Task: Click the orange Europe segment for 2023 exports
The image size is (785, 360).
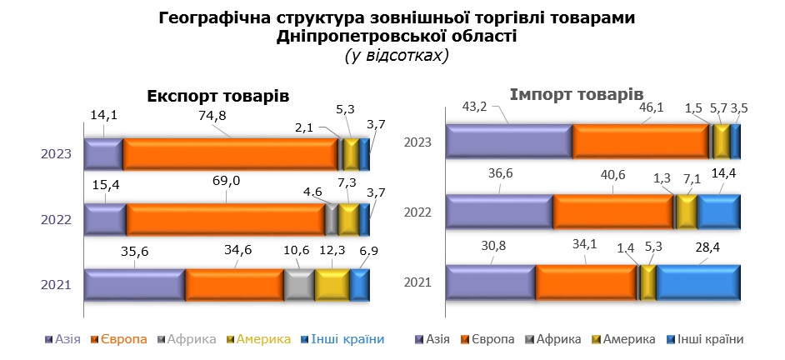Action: click(x=232, y=154)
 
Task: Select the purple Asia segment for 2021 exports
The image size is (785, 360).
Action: click(x=134, y=285)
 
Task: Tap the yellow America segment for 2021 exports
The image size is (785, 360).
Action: click(x=332, y=285)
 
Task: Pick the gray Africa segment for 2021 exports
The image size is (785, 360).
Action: click(x=298, y=285)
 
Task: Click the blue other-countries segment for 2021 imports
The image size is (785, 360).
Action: click(x=697, y=282)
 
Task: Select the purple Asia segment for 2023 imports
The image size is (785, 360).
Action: click(x=508, y=141)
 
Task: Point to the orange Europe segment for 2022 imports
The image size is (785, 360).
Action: click(x=613, y=212)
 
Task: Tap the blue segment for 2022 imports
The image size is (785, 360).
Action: click(x=718, y=212)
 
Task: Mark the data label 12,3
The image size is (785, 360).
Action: click(x=332, y=251)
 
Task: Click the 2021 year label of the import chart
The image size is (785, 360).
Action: click(x=417, y=282)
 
